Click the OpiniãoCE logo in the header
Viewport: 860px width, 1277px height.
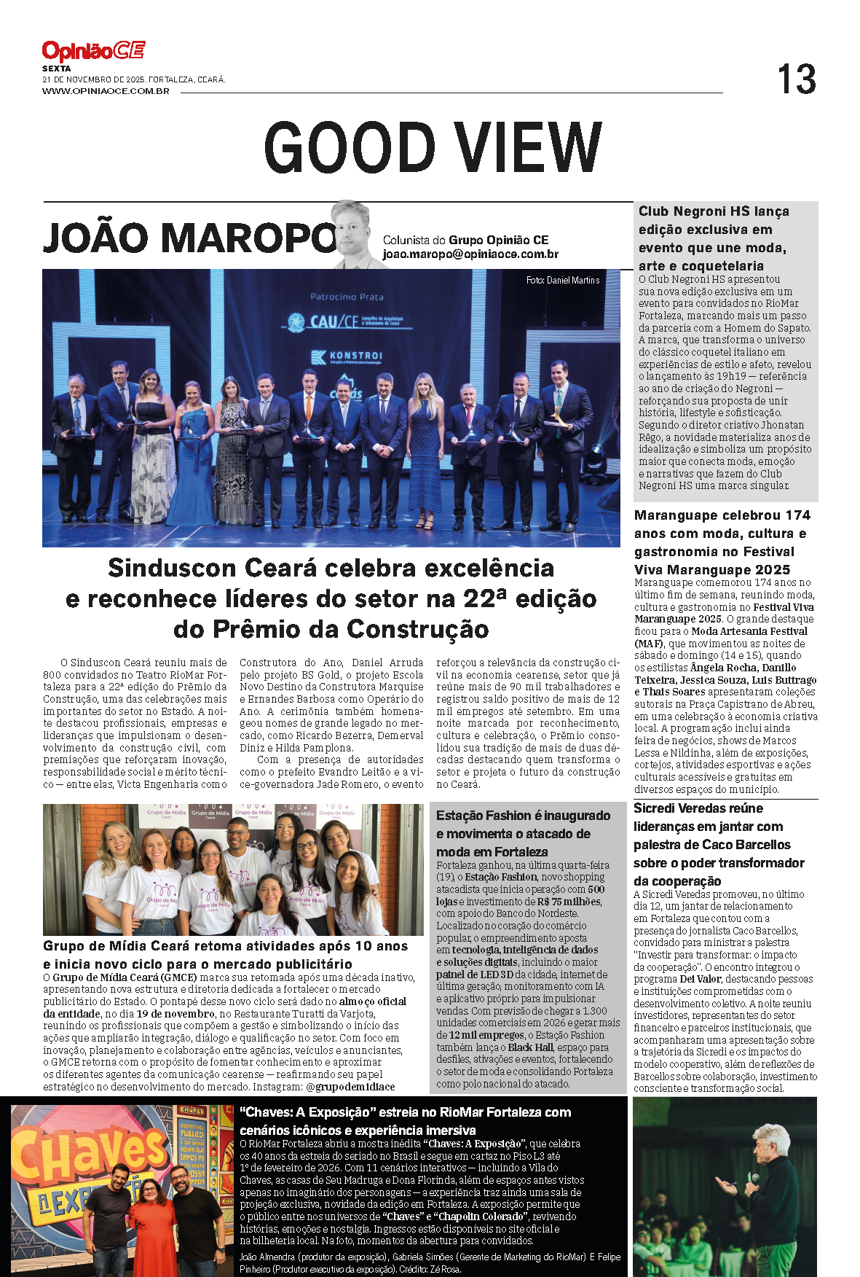click(93, 51)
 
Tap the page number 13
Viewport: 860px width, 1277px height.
click(796, 79)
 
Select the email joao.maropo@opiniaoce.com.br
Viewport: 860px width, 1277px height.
click(470, 254)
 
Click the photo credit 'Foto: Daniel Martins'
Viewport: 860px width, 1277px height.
click(563, 280)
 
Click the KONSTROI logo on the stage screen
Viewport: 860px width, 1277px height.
click(347, 356)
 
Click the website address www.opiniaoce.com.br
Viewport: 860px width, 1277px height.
click(106, 91)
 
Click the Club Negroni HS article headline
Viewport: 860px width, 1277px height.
click(714, 238)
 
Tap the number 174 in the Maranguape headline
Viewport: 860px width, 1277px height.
click(797, 515)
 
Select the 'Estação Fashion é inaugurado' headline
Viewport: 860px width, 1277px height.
click(523, 816)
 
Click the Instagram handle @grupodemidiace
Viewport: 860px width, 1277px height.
click(350, 1087)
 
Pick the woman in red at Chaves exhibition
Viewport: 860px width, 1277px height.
click(151, 1225)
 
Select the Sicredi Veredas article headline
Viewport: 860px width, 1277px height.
click(718, 844)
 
